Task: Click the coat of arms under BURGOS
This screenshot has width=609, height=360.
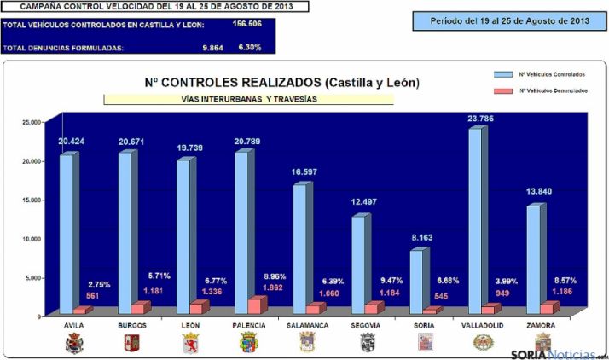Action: pos(133,343)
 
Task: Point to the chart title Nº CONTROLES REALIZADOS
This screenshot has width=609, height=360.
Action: pos(281,83)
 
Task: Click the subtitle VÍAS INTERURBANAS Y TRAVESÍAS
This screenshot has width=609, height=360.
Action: pos(248,99)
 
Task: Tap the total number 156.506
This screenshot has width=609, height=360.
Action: pos(247,25)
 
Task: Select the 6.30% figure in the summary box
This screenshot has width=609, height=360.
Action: pos(250,47)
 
